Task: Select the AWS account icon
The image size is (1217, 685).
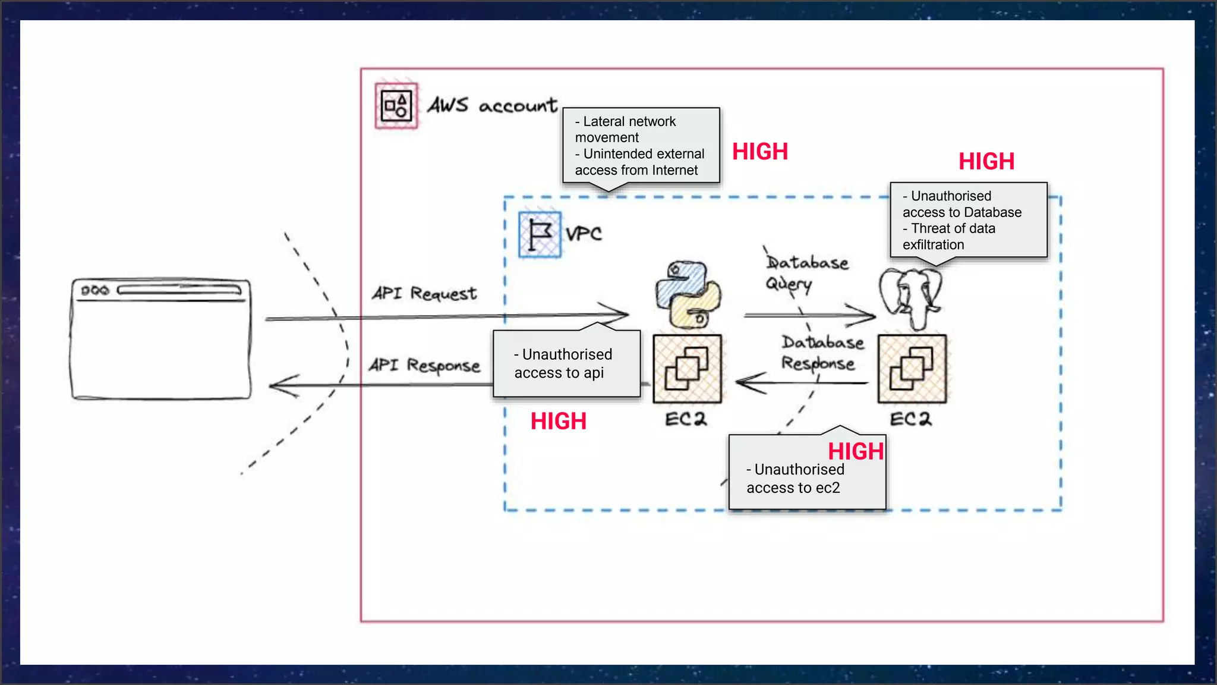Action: (396, 106)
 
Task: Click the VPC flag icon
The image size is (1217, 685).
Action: (540, 235)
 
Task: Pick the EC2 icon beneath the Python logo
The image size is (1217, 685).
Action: (687, 369)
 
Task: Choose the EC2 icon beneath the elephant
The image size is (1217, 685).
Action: (912, 369)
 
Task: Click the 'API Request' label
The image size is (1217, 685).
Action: (424, 293)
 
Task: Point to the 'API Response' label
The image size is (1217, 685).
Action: (424, 365)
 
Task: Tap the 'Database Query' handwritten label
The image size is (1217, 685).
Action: (806, 272)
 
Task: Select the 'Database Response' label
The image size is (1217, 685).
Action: (822, 353)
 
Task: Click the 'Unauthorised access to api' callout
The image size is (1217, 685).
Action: (566, 364)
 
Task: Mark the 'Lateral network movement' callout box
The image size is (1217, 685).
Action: (641, 146)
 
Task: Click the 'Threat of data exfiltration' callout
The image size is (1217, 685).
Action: (968, 220)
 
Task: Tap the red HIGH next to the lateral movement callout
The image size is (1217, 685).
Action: (760, 152)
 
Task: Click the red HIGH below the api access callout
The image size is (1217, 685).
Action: (559, 421)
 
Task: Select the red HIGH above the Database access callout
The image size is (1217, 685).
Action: (986, 161)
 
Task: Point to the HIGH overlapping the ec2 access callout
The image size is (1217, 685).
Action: (856, 451)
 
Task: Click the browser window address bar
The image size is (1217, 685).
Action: (179, 290)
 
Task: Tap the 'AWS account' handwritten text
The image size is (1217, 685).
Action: (492, 106)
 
